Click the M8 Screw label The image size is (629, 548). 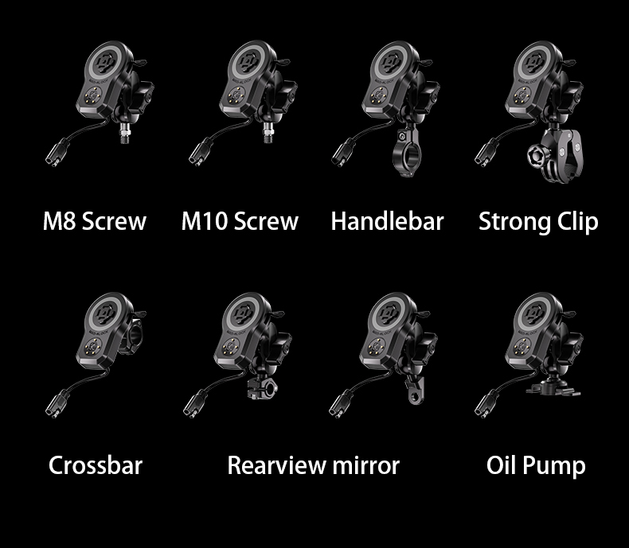[x=94, y=221]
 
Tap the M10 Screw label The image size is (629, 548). [x=240, y=221]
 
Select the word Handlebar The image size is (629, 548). [x=387, y=221]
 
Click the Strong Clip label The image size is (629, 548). [x=538, y=222]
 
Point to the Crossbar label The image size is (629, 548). [x=96, y=465]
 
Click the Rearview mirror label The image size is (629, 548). [x=313, y=465]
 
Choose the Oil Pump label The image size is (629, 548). [x=536, y=466]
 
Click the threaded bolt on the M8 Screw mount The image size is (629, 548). [x=125, y=134]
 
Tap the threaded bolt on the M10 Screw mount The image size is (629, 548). [x=268, y=133]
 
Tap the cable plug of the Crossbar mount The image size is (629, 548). [x=57, y=404]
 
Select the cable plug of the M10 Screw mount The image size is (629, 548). [x=201, y=152]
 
